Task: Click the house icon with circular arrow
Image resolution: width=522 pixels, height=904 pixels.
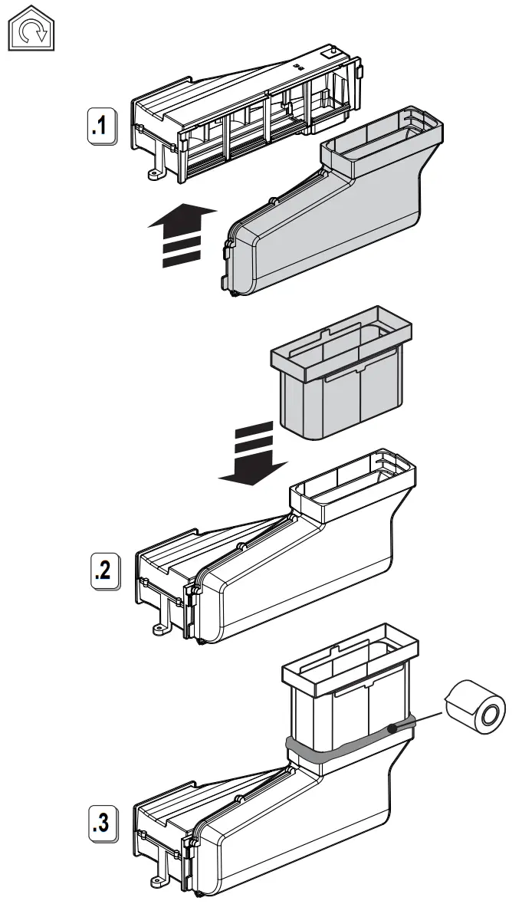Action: (x=33, y=31)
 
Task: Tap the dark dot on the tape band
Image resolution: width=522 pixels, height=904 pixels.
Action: (x=393, y=729)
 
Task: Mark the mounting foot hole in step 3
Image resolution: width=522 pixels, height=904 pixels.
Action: (x=158, y=884)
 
